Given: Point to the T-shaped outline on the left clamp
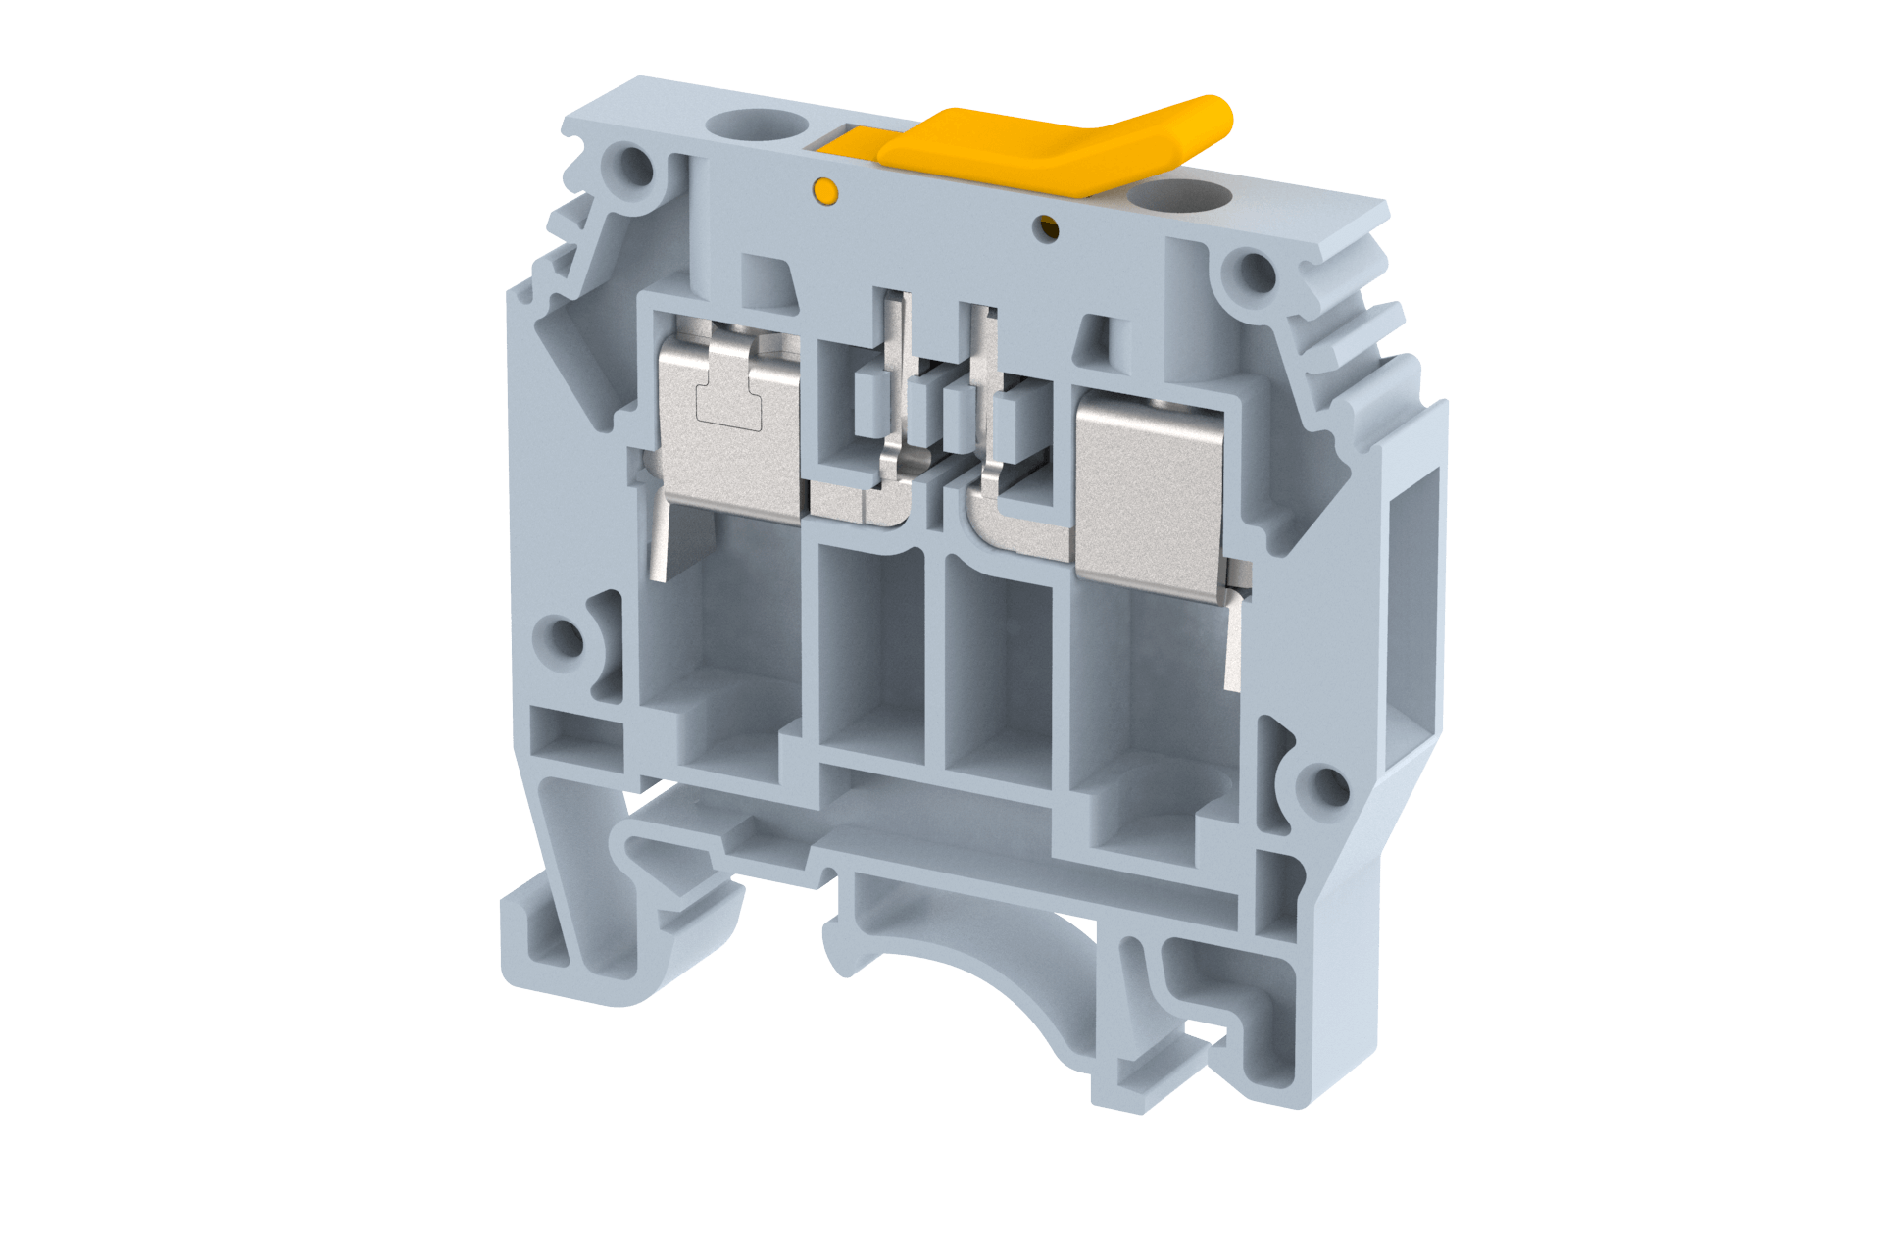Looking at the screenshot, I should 728,404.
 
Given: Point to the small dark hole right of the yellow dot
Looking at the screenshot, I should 1049,229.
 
